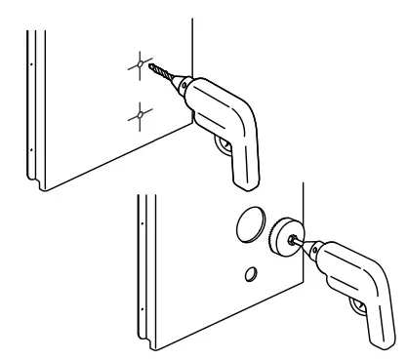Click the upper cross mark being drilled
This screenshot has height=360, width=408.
point(141,66)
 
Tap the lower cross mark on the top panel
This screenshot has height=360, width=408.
point(141,116)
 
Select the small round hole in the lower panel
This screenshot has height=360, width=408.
point(250,271)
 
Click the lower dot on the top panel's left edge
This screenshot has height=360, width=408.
point(31,150)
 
